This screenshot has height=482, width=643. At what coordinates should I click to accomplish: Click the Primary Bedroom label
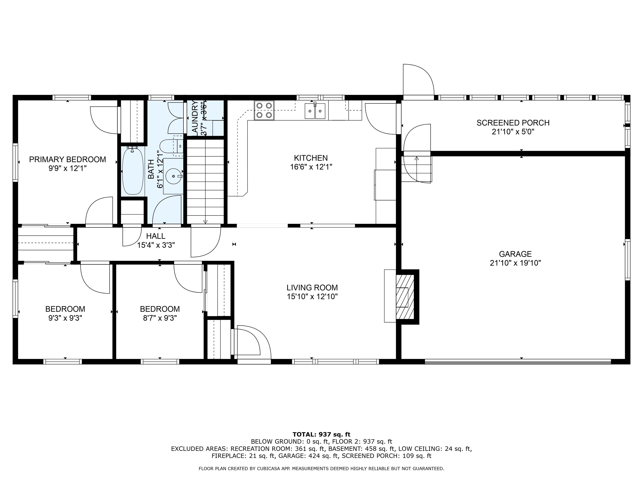67,159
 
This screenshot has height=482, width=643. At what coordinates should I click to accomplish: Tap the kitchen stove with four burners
264,110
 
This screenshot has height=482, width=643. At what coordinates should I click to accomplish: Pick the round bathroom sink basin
174,176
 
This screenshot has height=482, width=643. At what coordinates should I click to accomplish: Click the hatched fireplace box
405,297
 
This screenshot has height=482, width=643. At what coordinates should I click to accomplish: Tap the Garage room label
515,254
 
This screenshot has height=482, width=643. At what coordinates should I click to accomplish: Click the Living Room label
312,288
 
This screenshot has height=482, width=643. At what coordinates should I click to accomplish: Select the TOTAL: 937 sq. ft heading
321,434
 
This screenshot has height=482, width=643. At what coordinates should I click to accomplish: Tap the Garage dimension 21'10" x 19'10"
515,263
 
